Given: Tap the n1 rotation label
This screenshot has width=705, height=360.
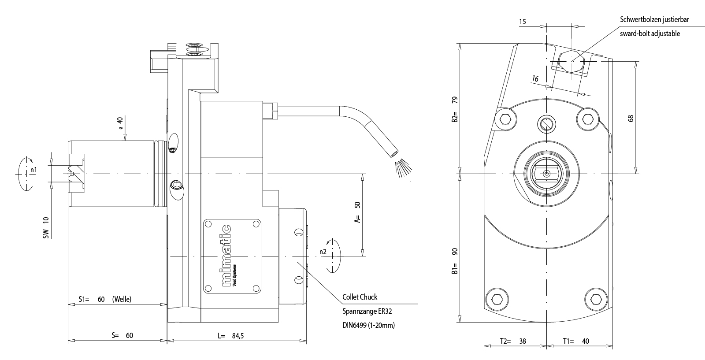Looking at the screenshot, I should [33, 169].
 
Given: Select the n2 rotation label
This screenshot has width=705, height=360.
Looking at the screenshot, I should [323, 252].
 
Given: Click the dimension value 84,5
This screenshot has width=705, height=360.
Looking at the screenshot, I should [237, 336].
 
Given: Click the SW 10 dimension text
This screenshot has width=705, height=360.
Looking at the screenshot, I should [46, 228].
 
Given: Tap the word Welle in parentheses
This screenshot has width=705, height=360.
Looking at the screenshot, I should [122, 299].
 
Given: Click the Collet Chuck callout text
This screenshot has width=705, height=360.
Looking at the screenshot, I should [360, 297].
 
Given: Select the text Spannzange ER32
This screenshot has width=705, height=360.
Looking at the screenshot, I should [367, 311].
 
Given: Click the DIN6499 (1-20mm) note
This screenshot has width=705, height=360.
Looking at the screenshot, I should [368, 326].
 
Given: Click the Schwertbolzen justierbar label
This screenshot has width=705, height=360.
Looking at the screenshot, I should [654, 19].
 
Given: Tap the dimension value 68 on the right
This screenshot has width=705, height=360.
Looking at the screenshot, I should [631, 118].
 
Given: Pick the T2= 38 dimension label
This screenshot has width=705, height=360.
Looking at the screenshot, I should [513, 341].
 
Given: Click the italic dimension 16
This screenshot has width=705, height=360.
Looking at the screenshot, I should [535, 79].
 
